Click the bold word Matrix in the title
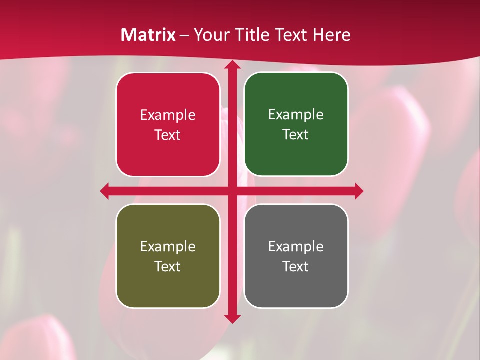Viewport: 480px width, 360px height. (148, 35)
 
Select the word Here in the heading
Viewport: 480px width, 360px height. (331, 35)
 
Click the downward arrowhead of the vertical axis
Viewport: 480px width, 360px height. (232, 318)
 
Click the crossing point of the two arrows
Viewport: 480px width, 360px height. (232, 191)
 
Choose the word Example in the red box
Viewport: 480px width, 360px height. (168, 115)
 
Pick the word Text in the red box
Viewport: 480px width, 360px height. (168, 135)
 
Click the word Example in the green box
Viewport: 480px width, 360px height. (296, 115)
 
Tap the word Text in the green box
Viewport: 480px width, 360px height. (296, 135)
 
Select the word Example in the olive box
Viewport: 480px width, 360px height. (168, 247)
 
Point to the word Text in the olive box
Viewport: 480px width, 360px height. (168, 267)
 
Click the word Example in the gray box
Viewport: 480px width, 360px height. (296, 247)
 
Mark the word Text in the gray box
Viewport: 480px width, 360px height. (296, 267)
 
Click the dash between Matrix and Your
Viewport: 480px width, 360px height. (184, 35)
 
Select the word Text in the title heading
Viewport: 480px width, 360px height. (291, 35)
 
